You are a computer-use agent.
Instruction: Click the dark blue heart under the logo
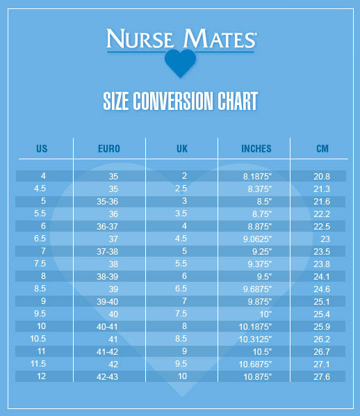point(180,63)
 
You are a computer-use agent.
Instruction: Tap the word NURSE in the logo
point(140,39)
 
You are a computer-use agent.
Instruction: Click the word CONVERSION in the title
point(173,101)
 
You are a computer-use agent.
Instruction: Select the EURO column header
point(109,149)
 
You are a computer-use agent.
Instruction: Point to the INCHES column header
point(256,149)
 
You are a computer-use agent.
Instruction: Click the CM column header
point(322,149)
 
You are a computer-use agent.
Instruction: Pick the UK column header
point(182,149)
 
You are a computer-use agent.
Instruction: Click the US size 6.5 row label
point(40,238)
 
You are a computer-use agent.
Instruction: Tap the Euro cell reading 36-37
point(107,226)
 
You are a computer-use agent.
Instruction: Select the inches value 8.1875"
point(257,176)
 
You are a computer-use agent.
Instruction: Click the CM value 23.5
point(322,251)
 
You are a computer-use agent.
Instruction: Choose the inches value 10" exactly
point(265,314)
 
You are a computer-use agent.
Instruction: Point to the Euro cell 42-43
point(107,377)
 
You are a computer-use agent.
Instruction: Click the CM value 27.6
point(322,377)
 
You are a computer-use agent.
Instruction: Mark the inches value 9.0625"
point(257,239)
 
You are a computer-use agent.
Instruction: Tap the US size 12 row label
point(42,376)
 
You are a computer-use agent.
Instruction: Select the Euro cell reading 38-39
point(107,276)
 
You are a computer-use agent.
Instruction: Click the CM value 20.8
point(322,176)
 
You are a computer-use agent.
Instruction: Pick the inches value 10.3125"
point(255,339)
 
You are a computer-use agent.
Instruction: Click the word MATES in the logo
point(220,39)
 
